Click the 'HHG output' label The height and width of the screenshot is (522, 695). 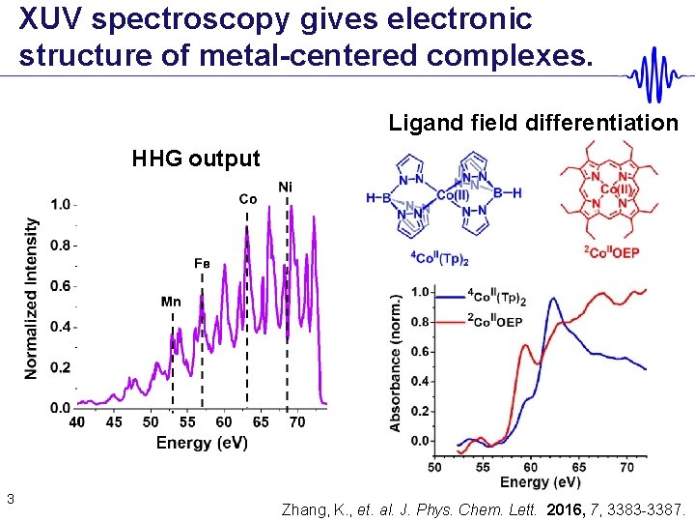coord(196,159)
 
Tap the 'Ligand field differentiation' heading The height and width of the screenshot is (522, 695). coord(533,123)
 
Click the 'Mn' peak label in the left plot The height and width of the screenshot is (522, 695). coord(171,302)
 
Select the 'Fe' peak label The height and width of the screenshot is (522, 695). coord(202,262)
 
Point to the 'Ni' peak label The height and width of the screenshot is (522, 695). coord(286,187)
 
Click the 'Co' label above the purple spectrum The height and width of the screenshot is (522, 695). coord(248,199)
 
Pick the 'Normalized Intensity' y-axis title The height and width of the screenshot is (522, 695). coord(32,298)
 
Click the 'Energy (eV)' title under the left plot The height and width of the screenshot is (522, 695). coord(202,443)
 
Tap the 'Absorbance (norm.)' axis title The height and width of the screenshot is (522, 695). coord(395,364)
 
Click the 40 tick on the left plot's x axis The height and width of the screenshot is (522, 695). coord(77,422)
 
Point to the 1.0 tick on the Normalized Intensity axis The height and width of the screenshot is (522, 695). coord(60,204)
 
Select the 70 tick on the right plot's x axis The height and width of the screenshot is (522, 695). coord(626,467)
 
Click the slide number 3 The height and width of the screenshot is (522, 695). coord(9,499)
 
